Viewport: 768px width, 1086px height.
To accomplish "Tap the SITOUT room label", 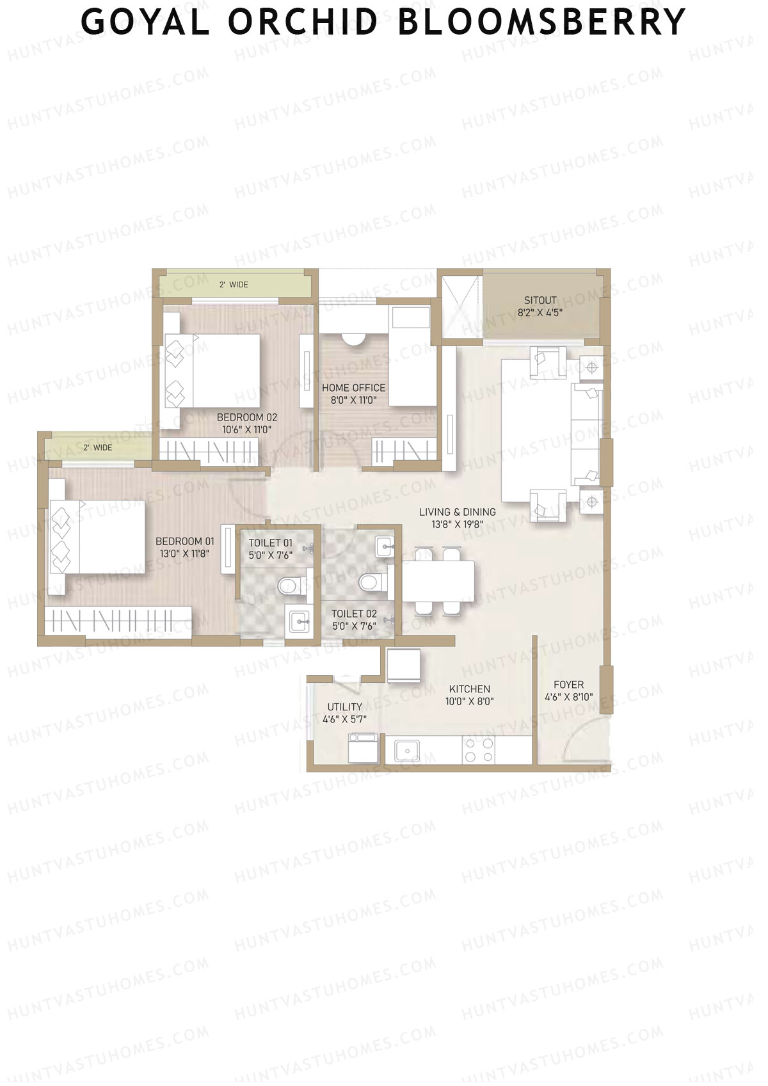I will click(x=540, y=300).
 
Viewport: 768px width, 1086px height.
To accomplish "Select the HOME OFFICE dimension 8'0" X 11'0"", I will click(x=353, y=401).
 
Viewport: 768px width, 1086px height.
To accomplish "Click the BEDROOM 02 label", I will click(x=246, y=417).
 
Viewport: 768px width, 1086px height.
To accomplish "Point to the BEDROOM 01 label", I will click(x=184, y=541).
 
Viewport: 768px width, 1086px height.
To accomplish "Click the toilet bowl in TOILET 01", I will click(x=289, y=585).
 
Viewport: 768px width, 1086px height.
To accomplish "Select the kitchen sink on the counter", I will click(x=406, y=750).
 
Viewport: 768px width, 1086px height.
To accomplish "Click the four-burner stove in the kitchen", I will click(x=479, y=750).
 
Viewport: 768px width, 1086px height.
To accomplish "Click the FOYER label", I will click(x=568, y=685).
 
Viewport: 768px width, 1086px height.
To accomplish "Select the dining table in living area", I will click(x=438, y=580).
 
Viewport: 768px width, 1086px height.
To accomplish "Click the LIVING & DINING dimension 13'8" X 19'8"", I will click(x=457, y=524).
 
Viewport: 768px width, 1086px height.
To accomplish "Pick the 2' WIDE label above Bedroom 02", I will click(x=234, y=285).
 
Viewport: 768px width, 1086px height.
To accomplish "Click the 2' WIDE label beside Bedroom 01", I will click(x=98, y=447).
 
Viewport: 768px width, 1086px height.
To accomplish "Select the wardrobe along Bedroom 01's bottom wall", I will click(x=118, y=620).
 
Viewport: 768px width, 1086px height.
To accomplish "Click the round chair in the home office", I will click(x=353, y=339).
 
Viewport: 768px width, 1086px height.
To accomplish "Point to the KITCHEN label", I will click(x=469, y=689).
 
